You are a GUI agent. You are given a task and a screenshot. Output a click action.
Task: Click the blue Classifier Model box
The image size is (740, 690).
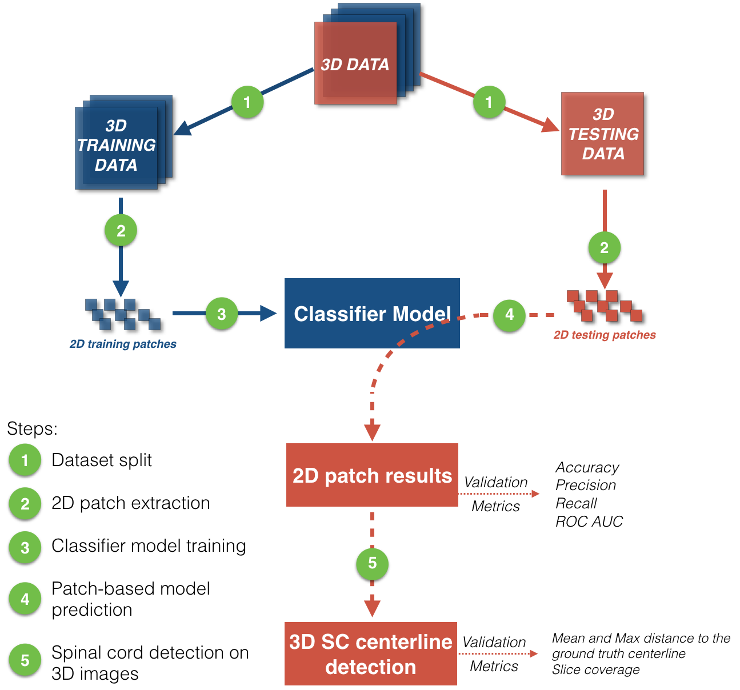pyautogui.click(x=372, y=313)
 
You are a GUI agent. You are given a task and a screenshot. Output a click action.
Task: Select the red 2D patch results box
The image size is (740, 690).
pyautogui.click(x=372, y=475)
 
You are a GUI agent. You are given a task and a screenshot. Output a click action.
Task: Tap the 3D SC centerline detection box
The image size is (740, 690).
pyautogui.click(x=371, y=654)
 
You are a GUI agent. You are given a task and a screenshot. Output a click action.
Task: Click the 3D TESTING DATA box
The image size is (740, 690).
pyautogui.click(x=603, y=134)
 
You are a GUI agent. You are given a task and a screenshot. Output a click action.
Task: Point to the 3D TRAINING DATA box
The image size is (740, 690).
pyautogui.click(x=117, y=145)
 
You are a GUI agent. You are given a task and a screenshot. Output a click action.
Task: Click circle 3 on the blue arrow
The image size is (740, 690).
pyautogui.click(x=222, y=313)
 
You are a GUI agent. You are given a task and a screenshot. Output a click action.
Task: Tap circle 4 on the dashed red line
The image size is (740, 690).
pyautogui.click(x=509, y=314)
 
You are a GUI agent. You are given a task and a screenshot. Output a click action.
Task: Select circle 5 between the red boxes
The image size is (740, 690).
pyautogui.click(x=372, y=563)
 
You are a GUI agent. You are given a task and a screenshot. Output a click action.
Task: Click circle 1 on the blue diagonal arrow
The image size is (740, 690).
pyautogui.click(x=247, y=102)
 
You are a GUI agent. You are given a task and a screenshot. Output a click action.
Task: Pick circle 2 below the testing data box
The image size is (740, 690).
pyautogui.click(x=604, y=248)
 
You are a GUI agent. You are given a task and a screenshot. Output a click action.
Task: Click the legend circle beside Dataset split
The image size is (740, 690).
pyautogui.click(x=25, y=460)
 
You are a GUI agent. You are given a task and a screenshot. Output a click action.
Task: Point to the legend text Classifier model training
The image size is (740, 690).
pyautogui.click(x=149, y=546)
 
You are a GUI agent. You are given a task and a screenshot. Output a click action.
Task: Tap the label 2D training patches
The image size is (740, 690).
pyautogui.click(x=123, y=344)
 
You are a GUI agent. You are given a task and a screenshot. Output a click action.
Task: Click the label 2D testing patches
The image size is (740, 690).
pyautogui.click(x=605, y=335)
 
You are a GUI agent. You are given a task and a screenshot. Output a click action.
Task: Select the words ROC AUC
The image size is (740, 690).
pyautogui.click(x=589, y=521)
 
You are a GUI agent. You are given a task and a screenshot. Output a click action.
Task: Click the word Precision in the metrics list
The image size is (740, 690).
pyautogui.click(x=586, y=486)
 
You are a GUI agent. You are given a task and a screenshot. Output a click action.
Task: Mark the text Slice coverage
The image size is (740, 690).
pyautogui.click(x=595, y=669)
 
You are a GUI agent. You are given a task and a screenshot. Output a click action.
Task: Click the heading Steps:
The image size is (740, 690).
pyautogui.click(x=32, y=428)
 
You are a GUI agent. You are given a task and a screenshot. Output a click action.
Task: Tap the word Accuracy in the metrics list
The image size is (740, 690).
pyautogui.click(x=587, y=468)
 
